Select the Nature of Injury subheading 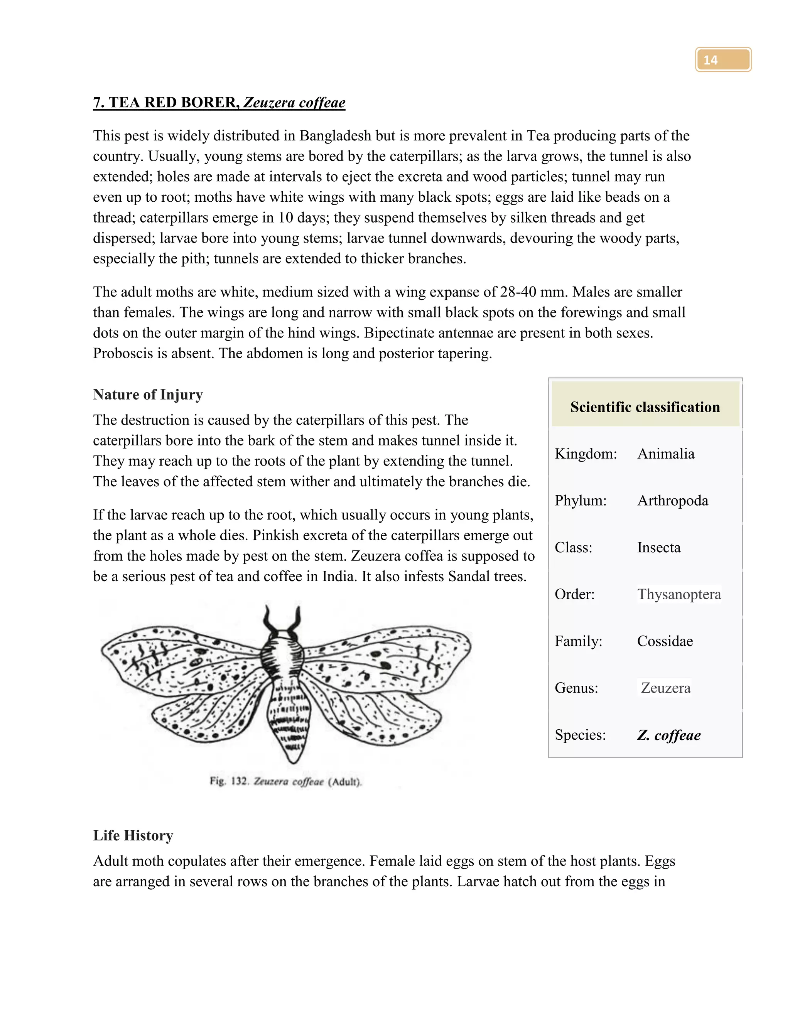pyautogui.click(x=148, y=395)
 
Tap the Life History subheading pyautogui.click(x=133, y=835)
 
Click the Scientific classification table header pyautogui.click(x=645, y=406)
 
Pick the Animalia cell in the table pyautogui.click(x=665, y=454)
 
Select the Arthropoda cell pyautogui.click(x=672, y=500)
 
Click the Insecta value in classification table pyautogui.click(x=658, y=547)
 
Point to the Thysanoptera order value pyautogui.click(x=679, y=594)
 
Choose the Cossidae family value pyautogui.click(x=665, y=641)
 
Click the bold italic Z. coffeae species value pyautogui.click(x=668, y=735)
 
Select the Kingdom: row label pyautogui.click(x=586, y=454)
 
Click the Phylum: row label pyautogui.click(x=580, y=500)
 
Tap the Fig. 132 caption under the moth pyautogui.click(x=285, y=781)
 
